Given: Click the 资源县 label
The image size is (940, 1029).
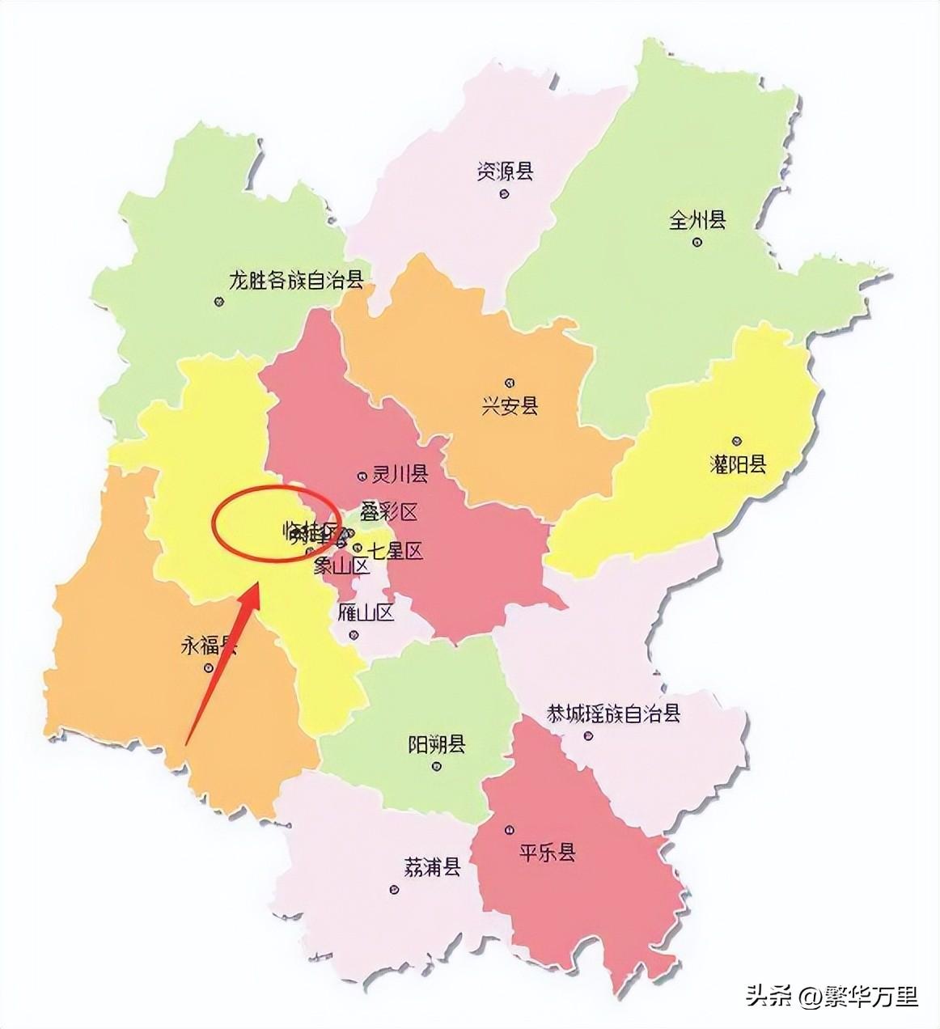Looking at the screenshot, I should (x=505, y=171).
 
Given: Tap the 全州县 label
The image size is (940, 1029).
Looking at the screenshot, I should (x=697, y=220).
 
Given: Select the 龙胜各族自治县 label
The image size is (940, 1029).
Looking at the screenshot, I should (x=296, y=281).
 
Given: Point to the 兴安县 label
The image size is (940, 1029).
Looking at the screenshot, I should (x=510, y=405).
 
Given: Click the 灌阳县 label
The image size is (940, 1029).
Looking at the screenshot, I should (x=737, y=464).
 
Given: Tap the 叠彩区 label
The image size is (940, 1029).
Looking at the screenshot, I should (x=388, y=511).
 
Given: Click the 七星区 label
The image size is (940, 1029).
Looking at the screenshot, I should (x=395, y=552).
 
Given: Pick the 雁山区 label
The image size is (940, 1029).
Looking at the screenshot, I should (x=365, y=612).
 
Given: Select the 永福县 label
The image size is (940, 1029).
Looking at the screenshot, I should (x=208, y=646).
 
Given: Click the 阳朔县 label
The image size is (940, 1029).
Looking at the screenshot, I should (x=437, y=743).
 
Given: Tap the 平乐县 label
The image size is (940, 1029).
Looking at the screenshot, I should (x=546, y=852).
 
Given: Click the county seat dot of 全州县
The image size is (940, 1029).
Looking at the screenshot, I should (x=697, y=241).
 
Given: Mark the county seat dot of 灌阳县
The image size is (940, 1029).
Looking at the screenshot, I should (x=736, y=441).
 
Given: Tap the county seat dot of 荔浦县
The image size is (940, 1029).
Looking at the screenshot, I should (x=394, y=890).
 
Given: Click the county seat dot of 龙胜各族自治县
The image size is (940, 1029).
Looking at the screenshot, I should (x=218, y=302).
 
